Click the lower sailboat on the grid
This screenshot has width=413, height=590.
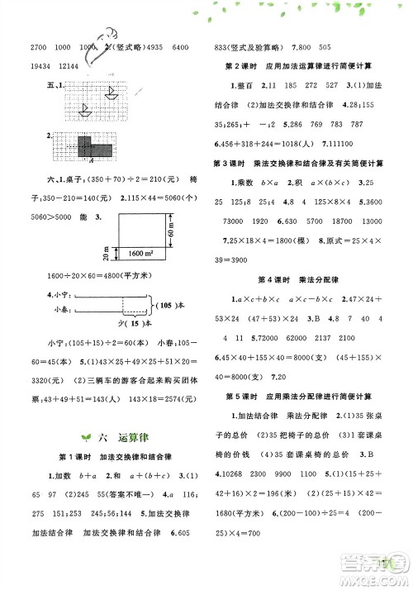point(85,109)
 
